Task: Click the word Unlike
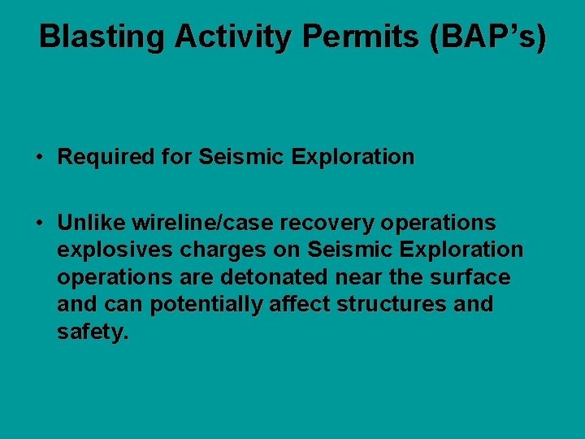click(91, 223)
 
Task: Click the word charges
click(209, 250)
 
